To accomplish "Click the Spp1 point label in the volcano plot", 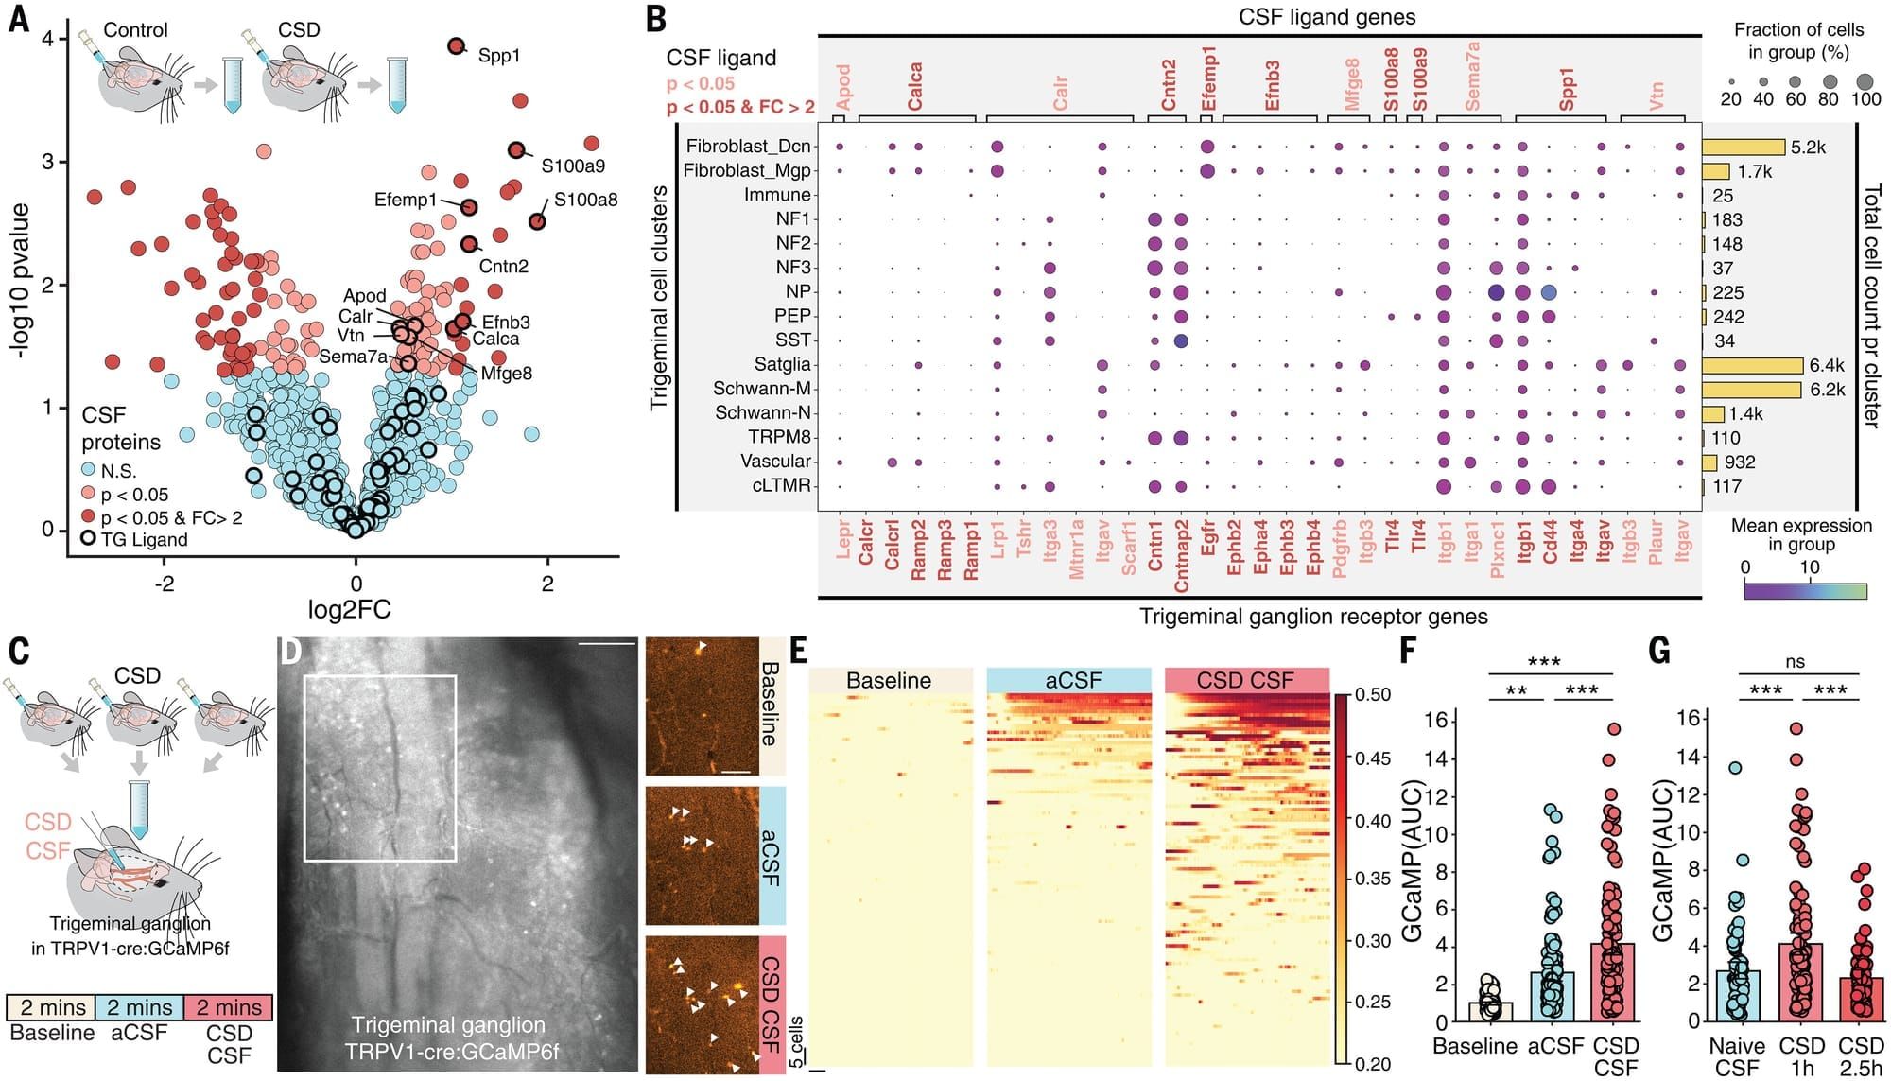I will pyautogui.click(x=498, y=55).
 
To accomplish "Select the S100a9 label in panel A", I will pyautogui.click(x=573, y=166).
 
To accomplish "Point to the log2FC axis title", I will pyautogui.click(x=350, y=609).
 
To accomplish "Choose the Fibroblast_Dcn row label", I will pyautogui.click(x=748, y=146).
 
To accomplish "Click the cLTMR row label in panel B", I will pyautogui.click(x=781, y=485).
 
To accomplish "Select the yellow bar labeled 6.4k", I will pyautogui.click(x=1752, y=365).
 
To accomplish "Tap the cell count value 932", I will pyautogui.click(x=1740, y=462).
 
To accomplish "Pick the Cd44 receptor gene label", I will pyautogui.click(x=1551, y=539).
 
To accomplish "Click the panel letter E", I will pyautogui.click(x=799, y=651).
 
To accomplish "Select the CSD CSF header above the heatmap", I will pyautogui.click(x=1245, y=680).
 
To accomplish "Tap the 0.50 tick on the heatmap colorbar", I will pyautogui.click(x=1373, y=694).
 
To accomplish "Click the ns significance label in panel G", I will pyautogui.click(x=1795, y=662).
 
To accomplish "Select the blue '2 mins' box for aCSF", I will pyautogui.click(x=139, y=1007).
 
